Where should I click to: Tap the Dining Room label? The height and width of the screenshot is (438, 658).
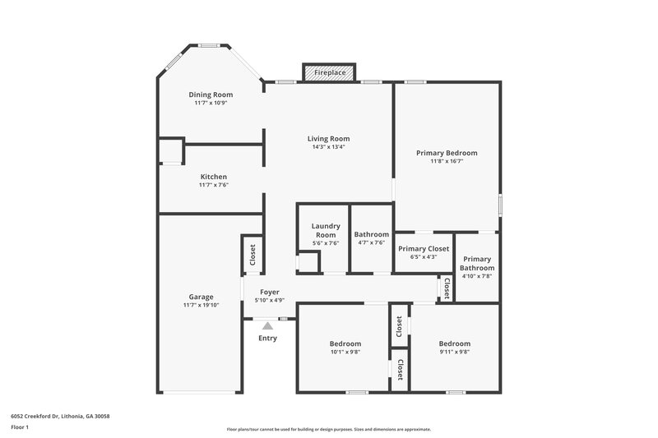(x=211, y=95)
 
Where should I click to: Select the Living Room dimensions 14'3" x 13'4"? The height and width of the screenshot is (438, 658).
(x=328, y=148)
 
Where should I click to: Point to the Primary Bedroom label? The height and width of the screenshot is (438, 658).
(x=447, y=153)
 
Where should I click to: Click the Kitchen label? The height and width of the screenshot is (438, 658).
(x=213, y=177)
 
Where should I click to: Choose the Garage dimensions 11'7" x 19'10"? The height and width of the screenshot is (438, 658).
(x=201, y=306)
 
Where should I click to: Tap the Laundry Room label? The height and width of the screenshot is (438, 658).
(x=326, y=230)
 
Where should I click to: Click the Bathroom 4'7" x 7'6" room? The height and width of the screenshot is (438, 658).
(x=371, y=238)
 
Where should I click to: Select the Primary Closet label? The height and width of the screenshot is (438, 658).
(x=424, y=248)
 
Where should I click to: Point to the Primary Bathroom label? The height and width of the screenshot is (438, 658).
(x=477, y=263)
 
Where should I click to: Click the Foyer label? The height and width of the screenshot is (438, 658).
(x=270, y=293)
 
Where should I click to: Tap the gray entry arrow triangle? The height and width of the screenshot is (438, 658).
(x=267, y=326)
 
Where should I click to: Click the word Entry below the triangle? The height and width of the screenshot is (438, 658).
(x=267, y=339)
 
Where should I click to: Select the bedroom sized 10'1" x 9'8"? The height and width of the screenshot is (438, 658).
(x=345, y=347)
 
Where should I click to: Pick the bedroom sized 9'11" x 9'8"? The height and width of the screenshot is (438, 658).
(x=454, y=347)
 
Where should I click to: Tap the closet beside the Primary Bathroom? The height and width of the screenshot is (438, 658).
(x=447, y=288)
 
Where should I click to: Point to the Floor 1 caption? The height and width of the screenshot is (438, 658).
(x=20, y=427)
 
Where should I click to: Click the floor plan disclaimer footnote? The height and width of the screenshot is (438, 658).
(x=328, y=429)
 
